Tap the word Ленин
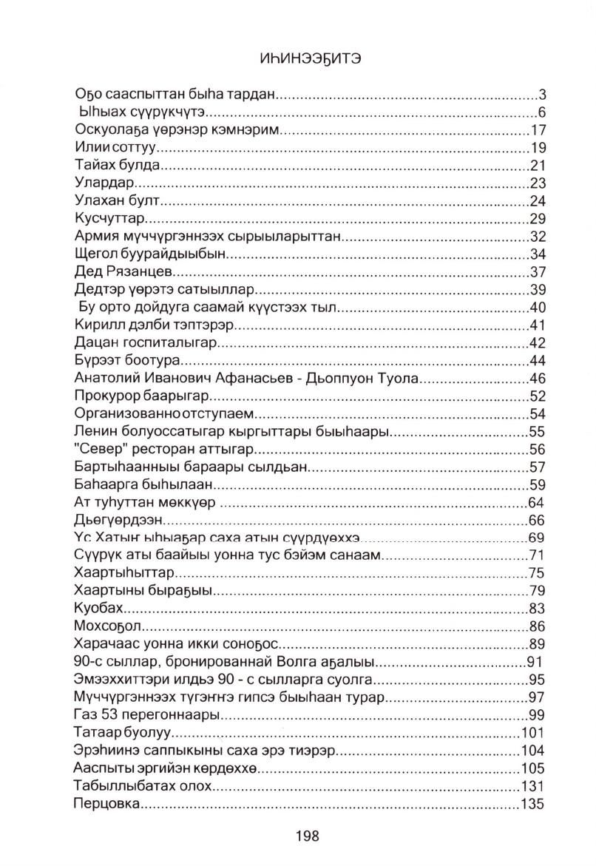coord(96,431)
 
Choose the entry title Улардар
coord(104,183)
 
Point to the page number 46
coord(537,378)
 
